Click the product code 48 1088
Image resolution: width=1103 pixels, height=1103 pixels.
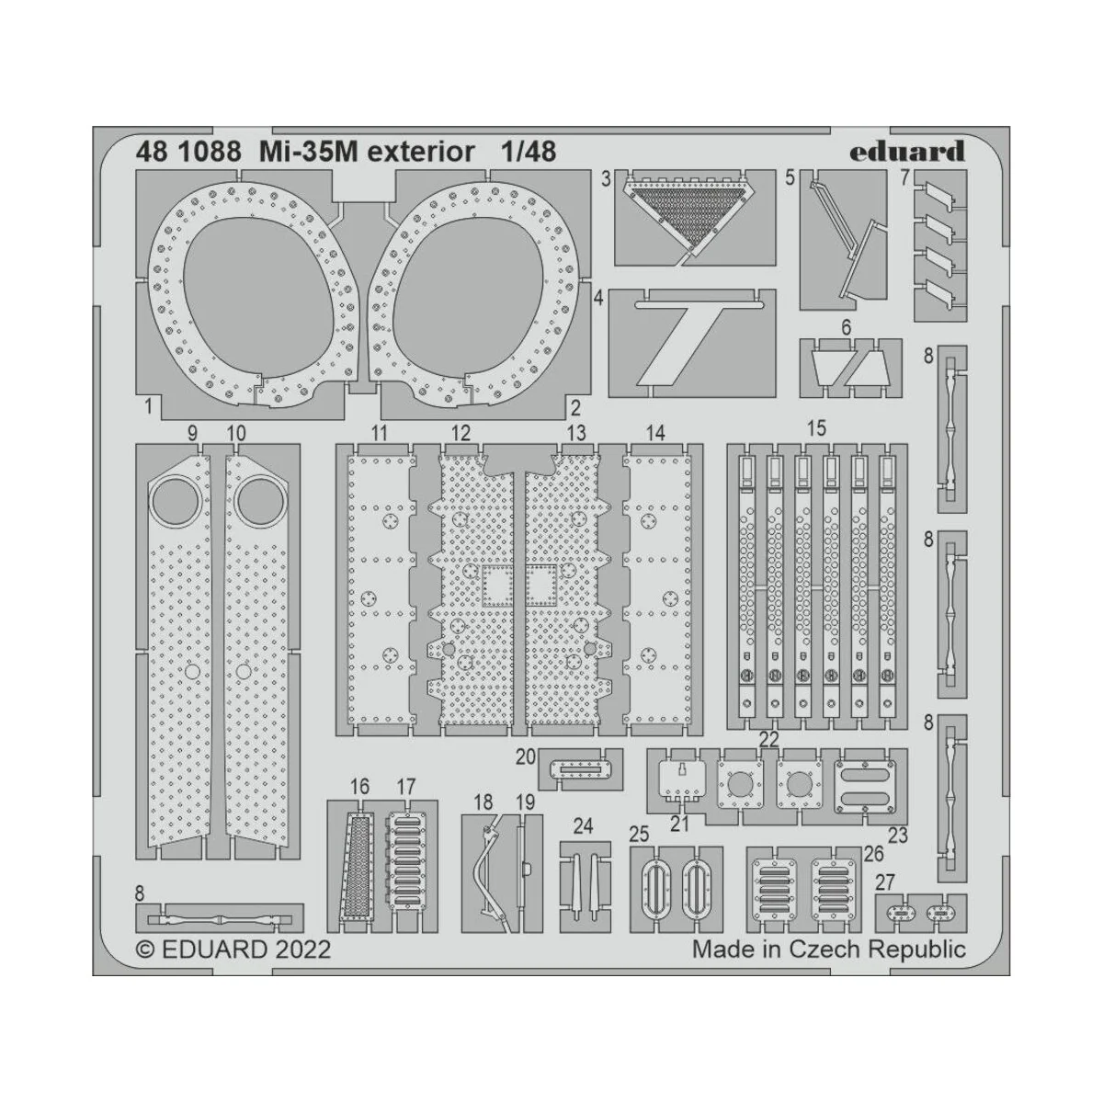(175, 152)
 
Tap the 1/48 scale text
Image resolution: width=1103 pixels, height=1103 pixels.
(529, 152)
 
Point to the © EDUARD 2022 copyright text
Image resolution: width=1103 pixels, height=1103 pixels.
(233, 949)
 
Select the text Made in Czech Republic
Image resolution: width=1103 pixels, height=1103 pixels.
(829, 949)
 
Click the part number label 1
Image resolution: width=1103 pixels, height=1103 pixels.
(148, 404)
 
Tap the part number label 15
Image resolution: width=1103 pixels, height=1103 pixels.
(815, 428)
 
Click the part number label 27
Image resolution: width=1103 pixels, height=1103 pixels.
(884, 883)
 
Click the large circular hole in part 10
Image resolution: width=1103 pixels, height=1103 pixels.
(256, 500)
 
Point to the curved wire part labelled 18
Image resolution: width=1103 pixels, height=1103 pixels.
(489, 865)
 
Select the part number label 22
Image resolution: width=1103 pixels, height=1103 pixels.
(769, 740)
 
